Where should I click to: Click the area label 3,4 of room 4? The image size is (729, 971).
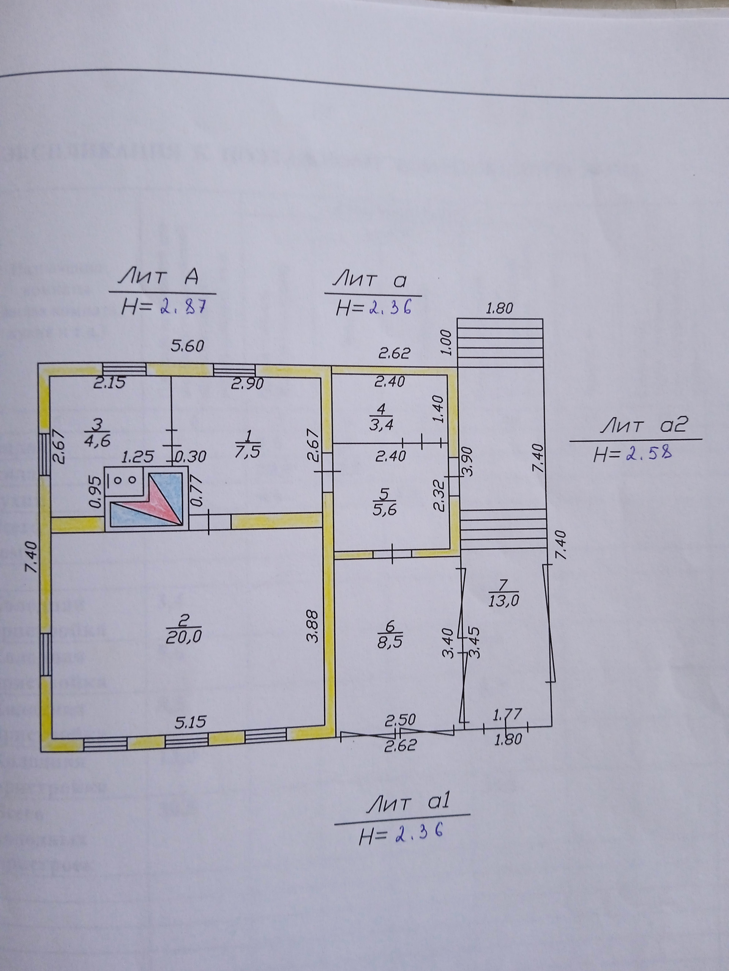pyautogui.click(x=381, y=425)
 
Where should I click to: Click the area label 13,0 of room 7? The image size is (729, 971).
pyautogui.click(x=503, y=600)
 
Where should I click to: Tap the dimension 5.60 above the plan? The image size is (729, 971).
pyautogui.click(x=188, y=346)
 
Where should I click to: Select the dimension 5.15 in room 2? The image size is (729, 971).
pyautogui.click(x=190, y=722)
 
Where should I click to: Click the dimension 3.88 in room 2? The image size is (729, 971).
pyautogui.click(x=312, y=625)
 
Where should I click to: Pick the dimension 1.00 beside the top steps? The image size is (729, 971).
pyautogui.click(x=446, y=343)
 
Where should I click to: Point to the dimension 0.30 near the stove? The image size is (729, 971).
pyautogui.click(x=191, y=457)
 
